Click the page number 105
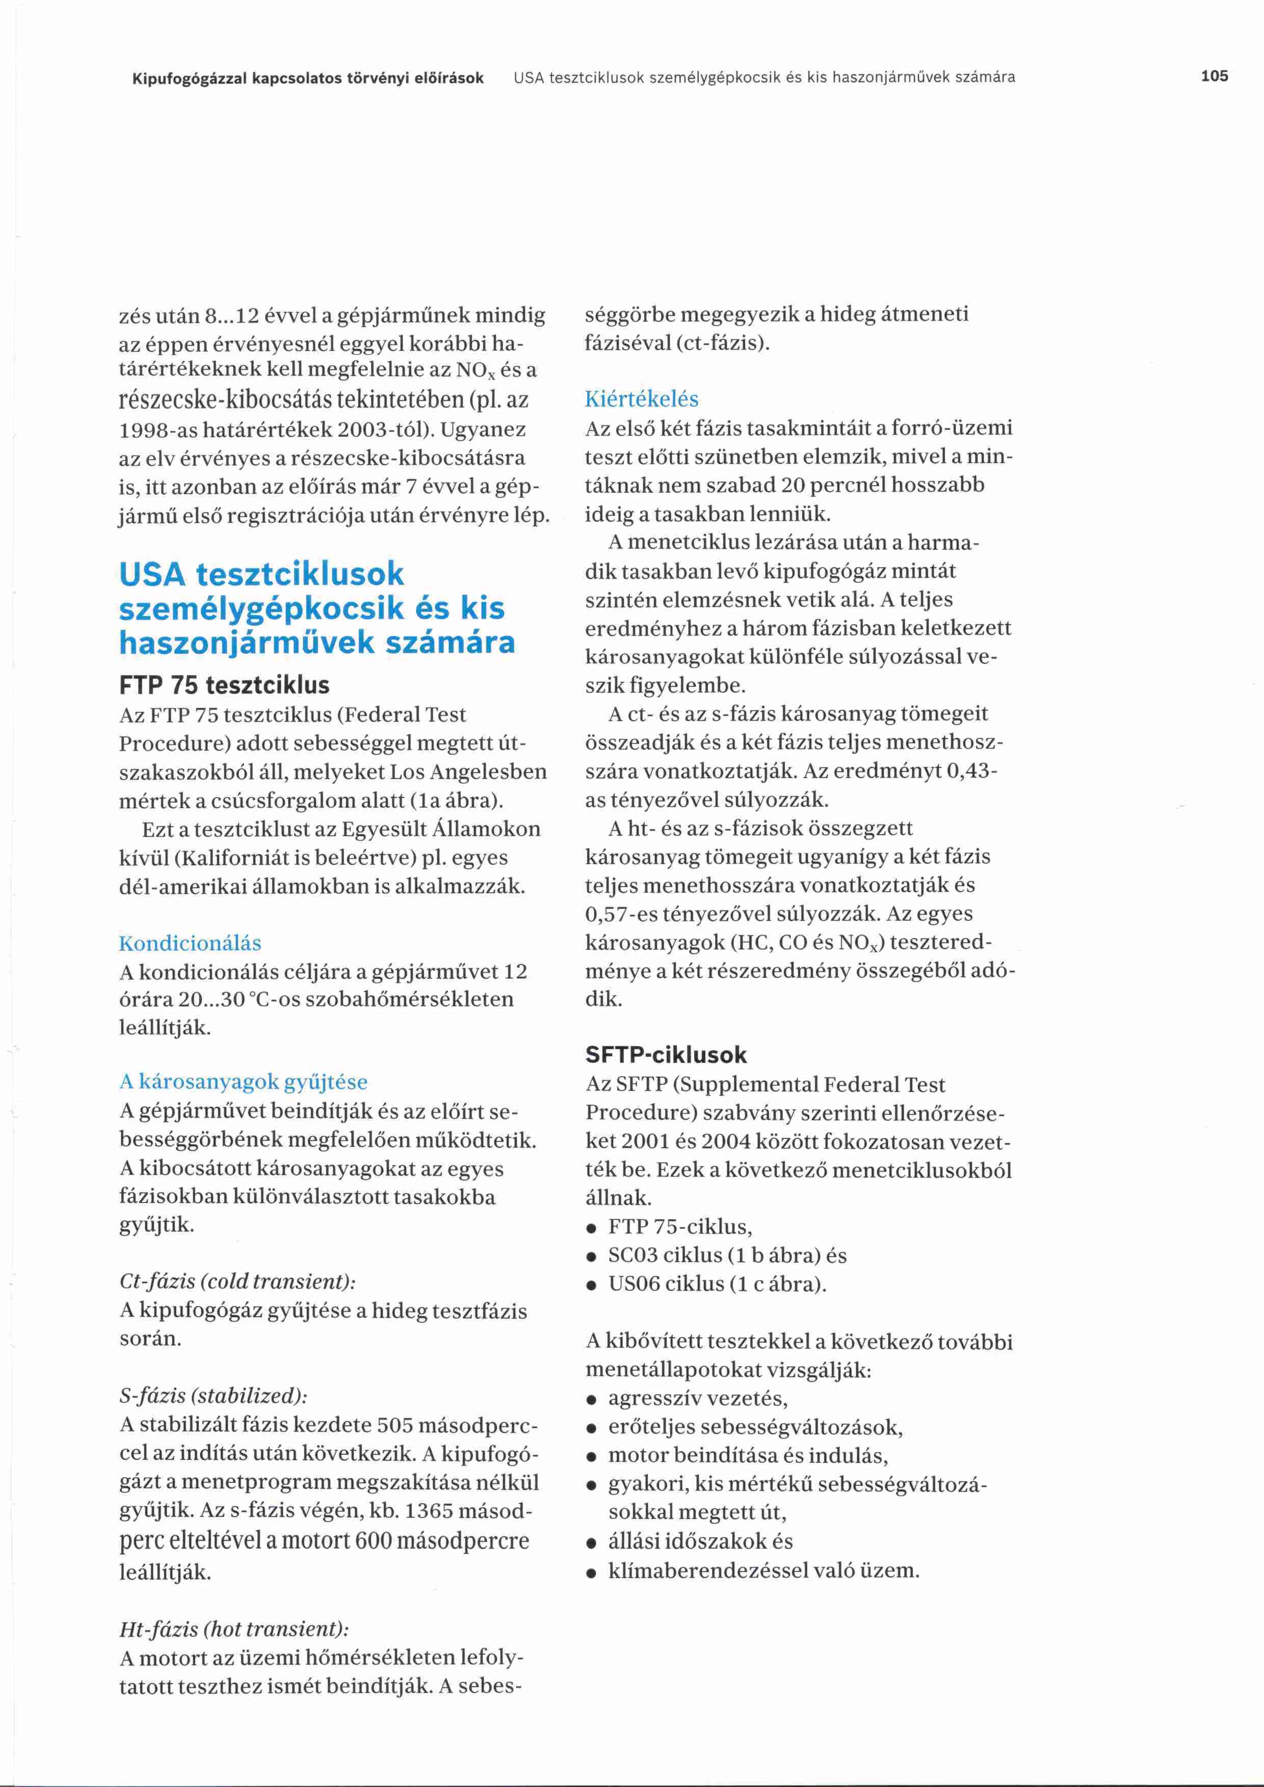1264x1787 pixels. (1214, 76)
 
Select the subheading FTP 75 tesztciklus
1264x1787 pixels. (224, 685)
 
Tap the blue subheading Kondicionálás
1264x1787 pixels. (190, 943)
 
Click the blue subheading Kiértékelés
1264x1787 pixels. (641, 399)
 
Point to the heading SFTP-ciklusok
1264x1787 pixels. (666, 1055)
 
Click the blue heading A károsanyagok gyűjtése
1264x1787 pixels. (243, 1082)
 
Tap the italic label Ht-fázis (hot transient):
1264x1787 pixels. (233, 1629)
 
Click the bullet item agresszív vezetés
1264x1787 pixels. (697, 1399)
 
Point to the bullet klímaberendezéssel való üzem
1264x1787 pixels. (763, 1570)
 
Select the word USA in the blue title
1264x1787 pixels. (152, 574)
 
